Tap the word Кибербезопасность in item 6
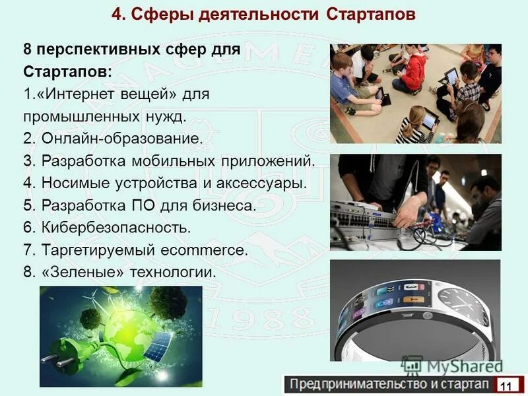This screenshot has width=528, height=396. (115, 228)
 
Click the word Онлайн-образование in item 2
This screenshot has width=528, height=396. (122, 139)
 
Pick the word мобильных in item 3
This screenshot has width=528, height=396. (197, 161)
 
